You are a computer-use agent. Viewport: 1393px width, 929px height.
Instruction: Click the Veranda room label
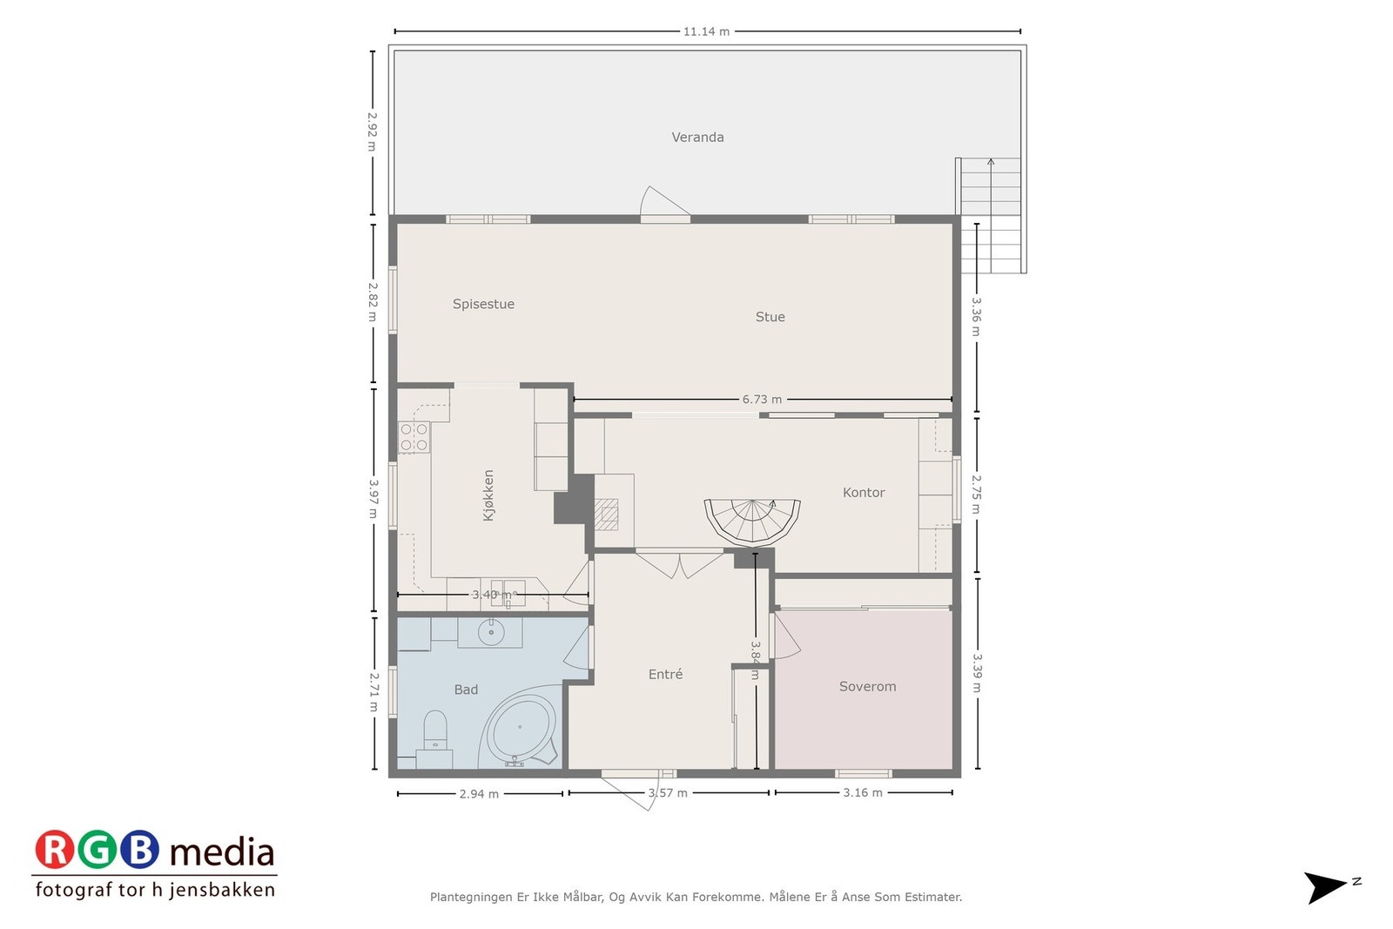click(697, 137)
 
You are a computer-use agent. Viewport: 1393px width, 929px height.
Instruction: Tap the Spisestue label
click(483, 304)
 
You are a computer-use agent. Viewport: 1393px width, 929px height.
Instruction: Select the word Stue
click(770, 317)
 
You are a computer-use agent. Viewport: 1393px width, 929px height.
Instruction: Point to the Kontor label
click(863, 493)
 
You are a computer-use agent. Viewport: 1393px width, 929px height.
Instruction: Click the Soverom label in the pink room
click(867, 686)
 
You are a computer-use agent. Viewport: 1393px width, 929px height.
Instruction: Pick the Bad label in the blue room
click(466, 690)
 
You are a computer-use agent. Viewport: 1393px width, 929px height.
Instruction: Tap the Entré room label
click(665, 674)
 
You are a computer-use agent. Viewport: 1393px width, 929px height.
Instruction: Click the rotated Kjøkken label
click(488, 495)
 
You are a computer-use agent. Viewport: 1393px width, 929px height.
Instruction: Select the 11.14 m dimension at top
click(705, 31)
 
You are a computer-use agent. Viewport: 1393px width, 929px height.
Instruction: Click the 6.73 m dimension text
click(761, 400)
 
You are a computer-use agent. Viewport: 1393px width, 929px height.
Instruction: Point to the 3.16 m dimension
click(862, 792)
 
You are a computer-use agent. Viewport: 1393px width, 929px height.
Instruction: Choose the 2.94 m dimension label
click(479, 794)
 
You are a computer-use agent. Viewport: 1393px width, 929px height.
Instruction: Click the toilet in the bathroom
click(434, 730)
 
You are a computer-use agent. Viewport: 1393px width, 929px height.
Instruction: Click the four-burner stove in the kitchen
click(414, 437)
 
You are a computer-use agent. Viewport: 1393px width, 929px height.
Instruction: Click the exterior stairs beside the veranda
click(991, 216)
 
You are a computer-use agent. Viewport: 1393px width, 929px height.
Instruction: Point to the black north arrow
click(1325, 886)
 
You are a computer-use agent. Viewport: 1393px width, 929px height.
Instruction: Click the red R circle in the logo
click(55, 850)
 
